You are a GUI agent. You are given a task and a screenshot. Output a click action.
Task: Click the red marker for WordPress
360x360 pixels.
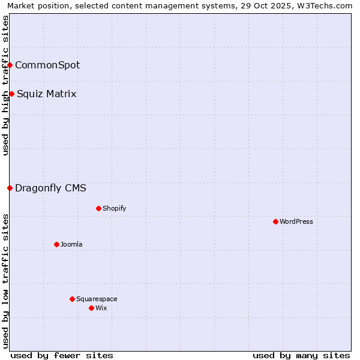coord(275,221)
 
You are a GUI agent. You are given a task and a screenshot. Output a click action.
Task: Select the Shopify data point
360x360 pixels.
coord(98,208)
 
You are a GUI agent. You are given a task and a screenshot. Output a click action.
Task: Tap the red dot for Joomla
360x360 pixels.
coord(56,244)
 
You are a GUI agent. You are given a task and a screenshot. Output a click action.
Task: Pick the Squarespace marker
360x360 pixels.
coord(72,299)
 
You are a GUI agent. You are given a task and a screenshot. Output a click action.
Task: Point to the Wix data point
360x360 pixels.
coord(91,308)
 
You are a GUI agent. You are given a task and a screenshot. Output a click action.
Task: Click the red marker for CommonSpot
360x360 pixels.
coord(10,65)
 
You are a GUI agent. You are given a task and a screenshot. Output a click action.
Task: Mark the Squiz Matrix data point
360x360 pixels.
coord(11,94)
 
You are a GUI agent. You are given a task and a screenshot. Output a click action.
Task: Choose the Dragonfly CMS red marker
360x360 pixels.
coord(10,188)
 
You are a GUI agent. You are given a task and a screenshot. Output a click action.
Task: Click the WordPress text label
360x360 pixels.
coord(296,221)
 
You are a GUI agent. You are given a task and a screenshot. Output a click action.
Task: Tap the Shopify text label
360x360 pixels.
coord(114,208)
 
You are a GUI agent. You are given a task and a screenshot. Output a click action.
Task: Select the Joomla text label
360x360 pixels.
coord(71,244)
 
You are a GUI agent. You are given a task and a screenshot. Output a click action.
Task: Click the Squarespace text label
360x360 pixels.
coord(97,299)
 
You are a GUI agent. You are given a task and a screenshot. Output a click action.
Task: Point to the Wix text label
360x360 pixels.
coord(101,308)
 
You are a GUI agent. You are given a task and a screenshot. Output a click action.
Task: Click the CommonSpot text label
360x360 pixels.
coord(47,65)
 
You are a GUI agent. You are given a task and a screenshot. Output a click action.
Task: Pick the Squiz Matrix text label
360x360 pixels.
coord(47,94)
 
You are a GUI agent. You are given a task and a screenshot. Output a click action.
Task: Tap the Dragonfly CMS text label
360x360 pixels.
coord(50,188)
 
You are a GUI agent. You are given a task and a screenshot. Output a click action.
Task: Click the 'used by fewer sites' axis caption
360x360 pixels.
coord(62,355)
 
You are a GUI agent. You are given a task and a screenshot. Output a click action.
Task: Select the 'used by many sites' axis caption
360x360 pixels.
coord(301,355)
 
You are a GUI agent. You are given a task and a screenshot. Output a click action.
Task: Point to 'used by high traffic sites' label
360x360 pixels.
coord(5,85)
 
